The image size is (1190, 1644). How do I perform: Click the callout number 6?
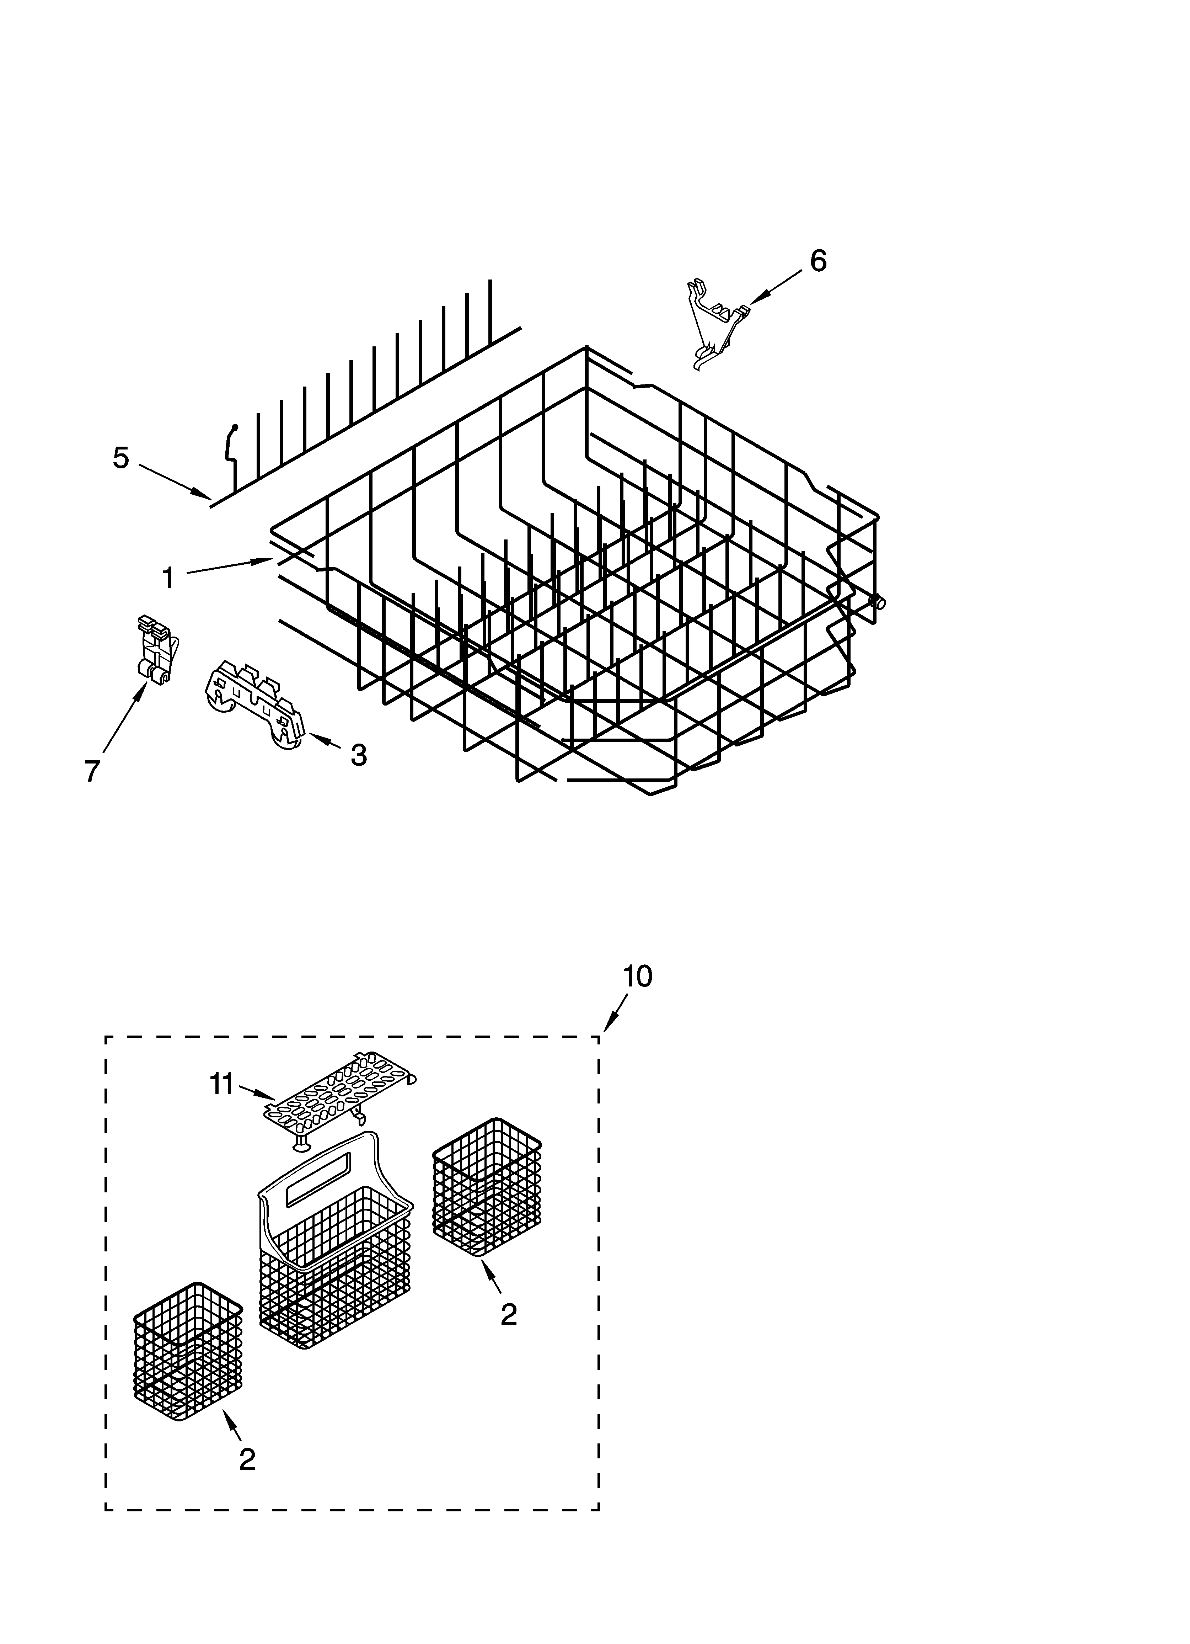click(818, 261)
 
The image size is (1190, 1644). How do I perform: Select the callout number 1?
click(168, 579)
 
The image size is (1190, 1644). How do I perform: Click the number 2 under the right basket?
click(509, 1314)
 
